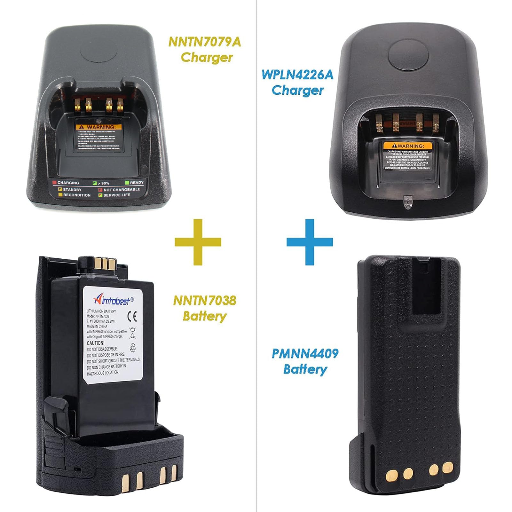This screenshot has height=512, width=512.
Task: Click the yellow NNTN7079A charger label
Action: [205, 50]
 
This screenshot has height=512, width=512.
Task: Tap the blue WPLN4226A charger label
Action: [297, 82]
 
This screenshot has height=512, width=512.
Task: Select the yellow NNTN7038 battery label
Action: [205, 308]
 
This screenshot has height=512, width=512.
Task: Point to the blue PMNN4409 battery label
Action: [305, 361]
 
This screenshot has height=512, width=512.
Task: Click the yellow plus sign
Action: [198, 242]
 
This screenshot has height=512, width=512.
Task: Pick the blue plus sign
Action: [310, 242]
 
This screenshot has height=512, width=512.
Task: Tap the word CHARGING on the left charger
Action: [68, 183]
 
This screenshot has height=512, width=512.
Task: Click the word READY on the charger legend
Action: [137, 183]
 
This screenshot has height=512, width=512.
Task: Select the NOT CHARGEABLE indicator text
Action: [122, 190]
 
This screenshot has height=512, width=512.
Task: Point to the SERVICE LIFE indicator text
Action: [117, 195]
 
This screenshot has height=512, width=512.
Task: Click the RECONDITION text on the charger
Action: [77, 195]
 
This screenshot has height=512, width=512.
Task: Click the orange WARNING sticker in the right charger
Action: [408, 146]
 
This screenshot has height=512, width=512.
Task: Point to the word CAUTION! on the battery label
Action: [96, 343]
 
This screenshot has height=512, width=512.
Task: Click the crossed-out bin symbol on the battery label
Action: [132, 333]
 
